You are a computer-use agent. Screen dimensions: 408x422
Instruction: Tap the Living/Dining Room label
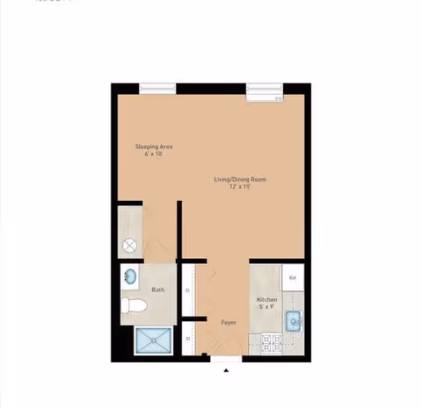(240, 180)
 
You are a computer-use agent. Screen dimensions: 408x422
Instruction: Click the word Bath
(157, 290)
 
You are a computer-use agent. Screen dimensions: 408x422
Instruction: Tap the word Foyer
(229, 323)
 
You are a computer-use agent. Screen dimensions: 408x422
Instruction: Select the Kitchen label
(267, 300)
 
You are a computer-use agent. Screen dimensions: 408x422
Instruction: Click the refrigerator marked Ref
(293, 278)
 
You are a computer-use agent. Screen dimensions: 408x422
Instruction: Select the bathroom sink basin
(130, 277)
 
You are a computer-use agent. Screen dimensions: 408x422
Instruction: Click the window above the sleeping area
(157, 87)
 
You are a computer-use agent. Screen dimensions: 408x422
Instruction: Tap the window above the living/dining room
(264, 88)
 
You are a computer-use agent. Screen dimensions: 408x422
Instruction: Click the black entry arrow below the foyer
(226, 370)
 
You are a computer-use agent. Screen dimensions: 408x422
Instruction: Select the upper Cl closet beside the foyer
(187, 290)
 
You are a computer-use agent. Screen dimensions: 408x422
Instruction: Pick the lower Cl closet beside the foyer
(187, 337)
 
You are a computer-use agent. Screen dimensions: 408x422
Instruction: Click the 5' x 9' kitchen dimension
(266, 307)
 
